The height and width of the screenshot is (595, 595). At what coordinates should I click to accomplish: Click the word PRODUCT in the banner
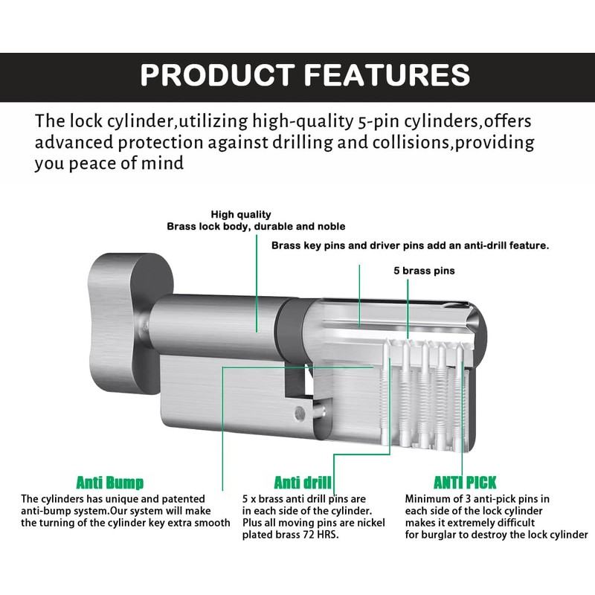(217, 74)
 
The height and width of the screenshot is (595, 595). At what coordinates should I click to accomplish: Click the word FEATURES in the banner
(387, 74)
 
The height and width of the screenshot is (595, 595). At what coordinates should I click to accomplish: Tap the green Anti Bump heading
(110, 483)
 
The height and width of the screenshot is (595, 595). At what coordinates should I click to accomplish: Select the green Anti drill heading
(303, 483)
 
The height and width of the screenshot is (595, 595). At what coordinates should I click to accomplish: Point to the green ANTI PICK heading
(465, 483)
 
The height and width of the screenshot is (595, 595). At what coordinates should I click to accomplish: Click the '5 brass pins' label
(424, 271)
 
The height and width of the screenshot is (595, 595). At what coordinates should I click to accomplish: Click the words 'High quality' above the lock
(241, 214)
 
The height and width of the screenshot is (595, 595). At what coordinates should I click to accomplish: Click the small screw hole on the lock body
(300, 413)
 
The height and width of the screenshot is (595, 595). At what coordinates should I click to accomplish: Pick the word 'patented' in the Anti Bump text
(184, 499)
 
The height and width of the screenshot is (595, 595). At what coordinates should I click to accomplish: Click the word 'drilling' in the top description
(302, 143)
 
